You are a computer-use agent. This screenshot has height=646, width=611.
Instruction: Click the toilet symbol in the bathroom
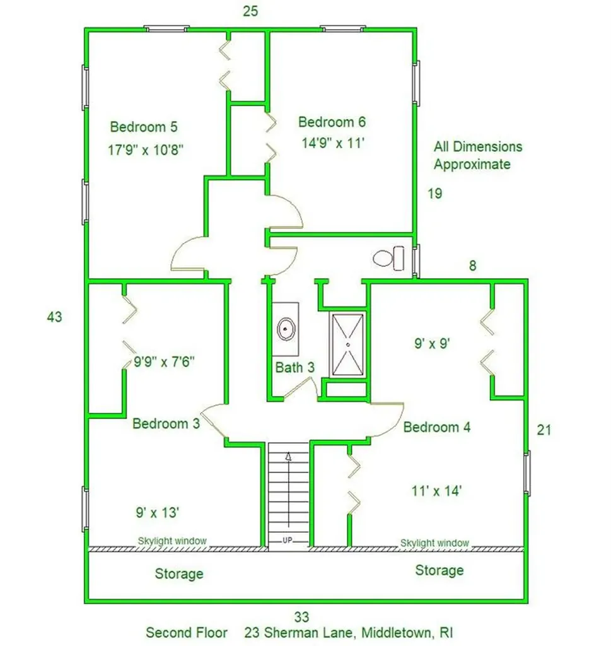pyautogui.click(x=388, y=258)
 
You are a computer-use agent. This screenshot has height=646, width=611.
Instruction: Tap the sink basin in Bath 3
pyautogui.click(x=286, y=329)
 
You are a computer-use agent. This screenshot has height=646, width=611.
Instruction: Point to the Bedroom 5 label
pyautogui.click(x=143, y=127)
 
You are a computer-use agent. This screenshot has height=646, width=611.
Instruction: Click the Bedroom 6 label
pyautogui.click(x=332, y=122)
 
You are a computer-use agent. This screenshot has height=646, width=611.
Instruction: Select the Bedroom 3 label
pyautogui.click(x=166, y=424)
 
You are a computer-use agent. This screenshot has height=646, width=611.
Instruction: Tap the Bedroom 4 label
pyautogui.click(x=437, y=427)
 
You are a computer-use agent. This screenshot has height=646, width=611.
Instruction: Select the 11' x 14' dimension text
pyautogui.click(x=438, y=490)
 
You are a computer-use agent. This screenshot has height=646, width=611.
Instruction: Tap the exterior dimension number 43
pyautogui.click(x=54, y=317)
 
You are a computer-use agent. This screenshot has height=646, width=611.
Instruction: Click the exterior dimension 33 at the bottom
pyautogui.click(x=301, y=616)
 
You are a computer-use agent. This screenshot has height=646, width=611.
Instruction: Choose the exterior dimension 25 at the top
pyautogui.click(x=250, y=11)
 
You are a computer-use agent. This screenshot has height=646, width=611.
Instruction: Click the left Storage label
pyautogui.click(x=179, y=573)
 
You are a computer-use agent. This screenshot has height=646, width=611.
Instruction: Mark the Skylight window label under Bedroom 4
pyautogui.click(x=434, y=543)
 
